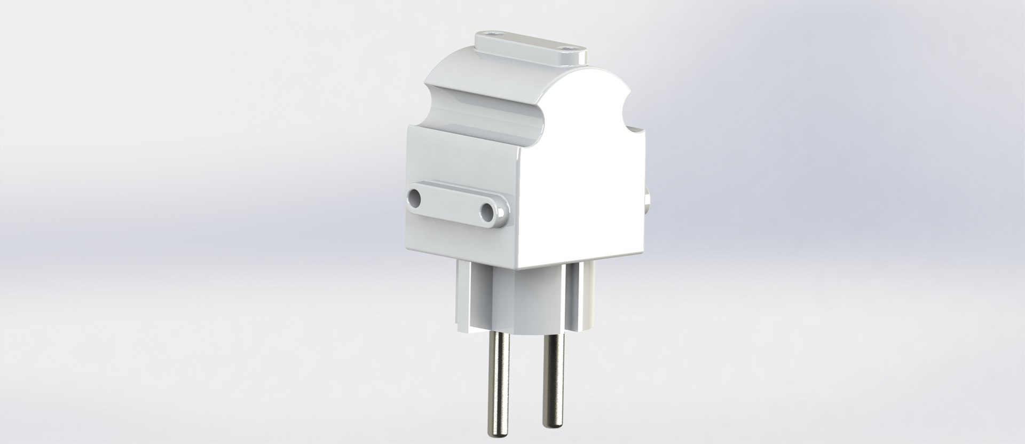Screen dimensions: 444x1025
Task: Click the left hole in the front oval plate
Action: [414, 199]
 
